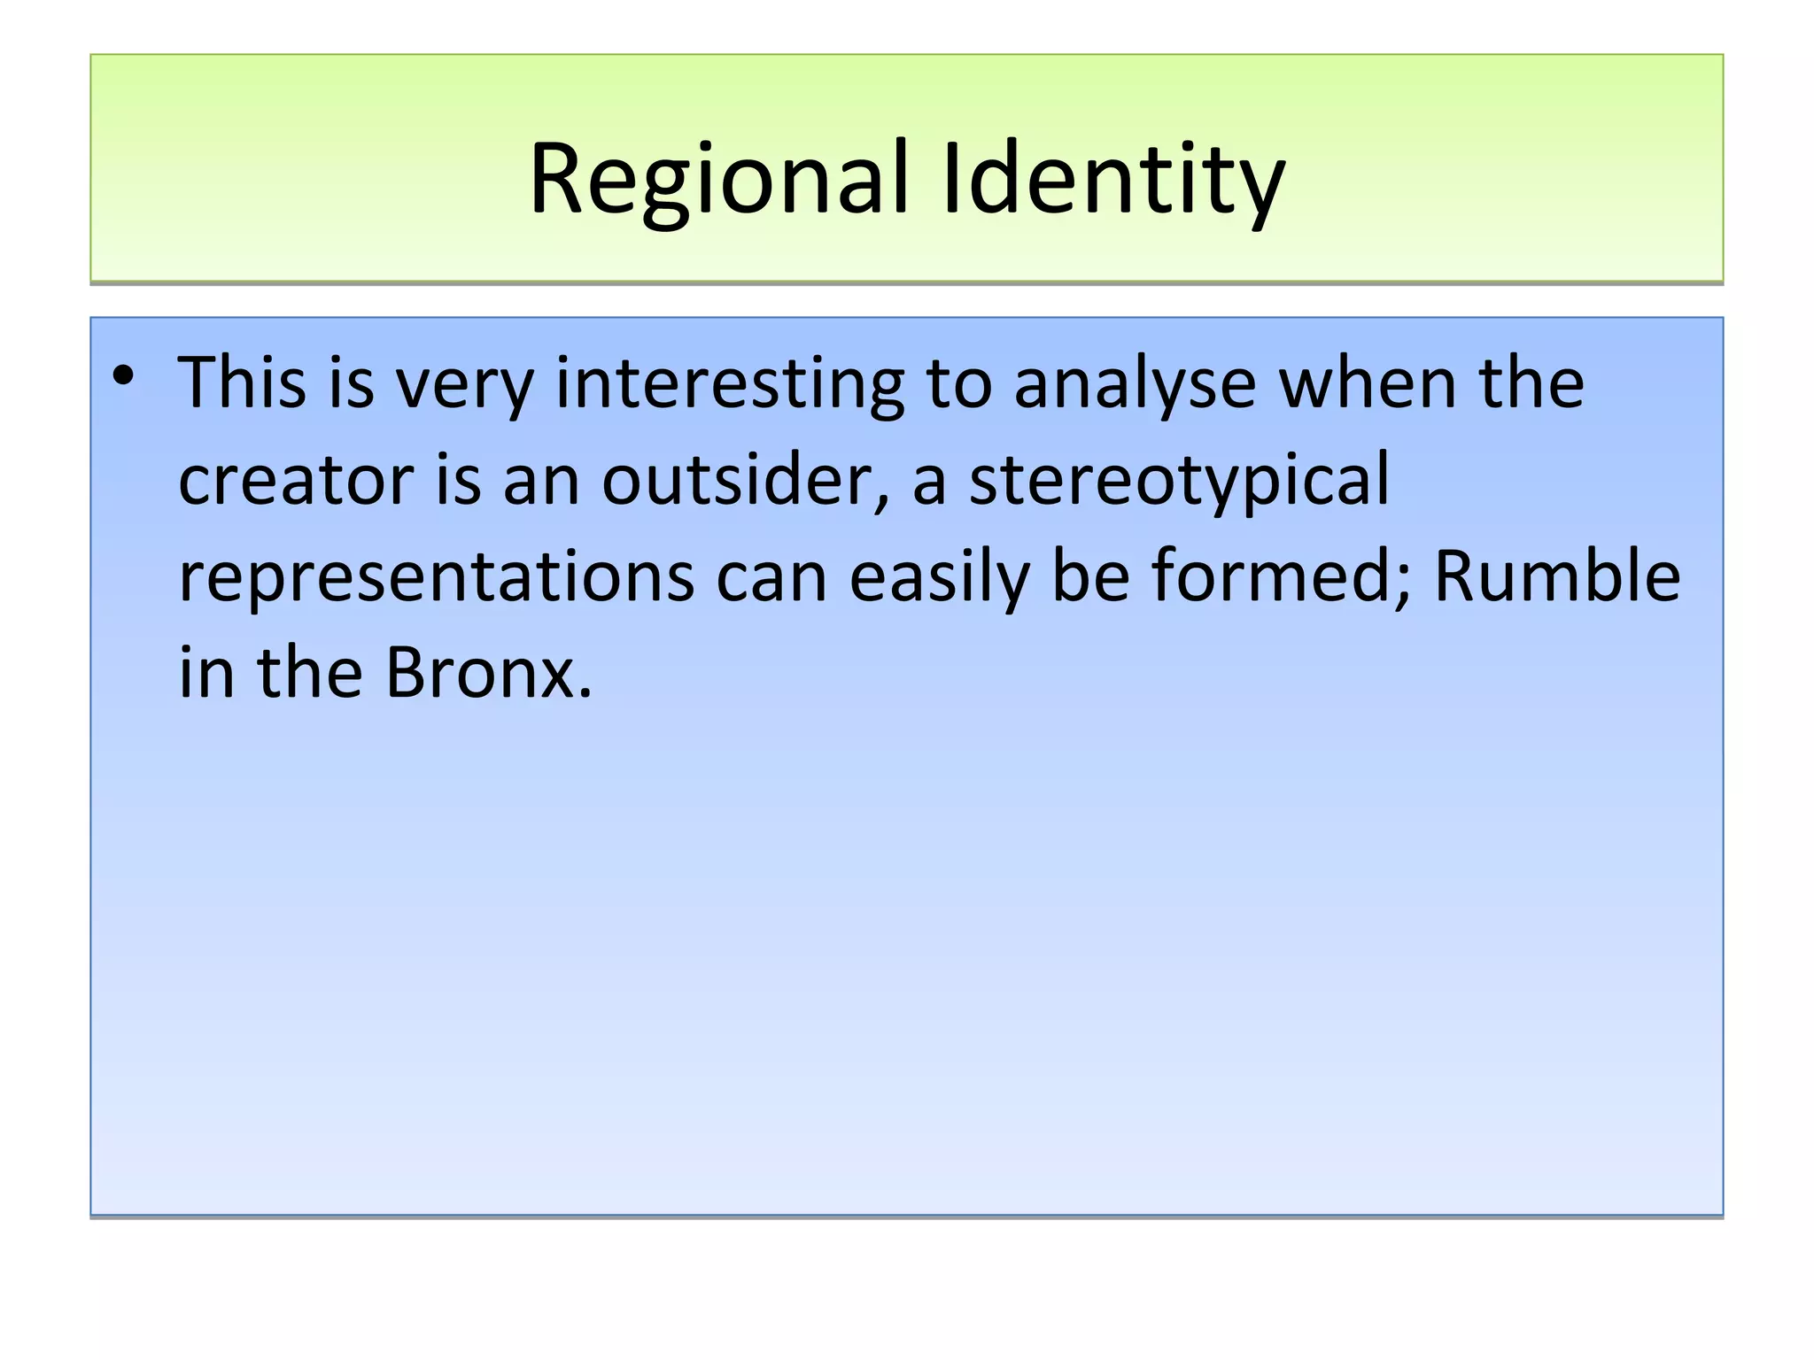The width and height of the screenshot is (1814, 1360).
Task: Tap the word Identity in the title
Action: coord(1113,180)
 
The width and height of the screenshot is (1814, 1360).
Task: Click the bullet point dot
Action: coord(123,377)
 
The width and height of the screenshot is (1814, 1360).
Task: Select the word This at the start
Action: coord(243,383)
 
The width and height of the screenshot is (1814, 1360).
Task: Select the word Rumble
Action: coord(1556,577)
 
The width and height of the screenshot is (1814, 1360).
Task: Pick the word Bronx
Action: coord(488,673)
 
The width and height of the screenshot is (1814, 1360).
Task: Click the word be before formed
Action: coord(1091,577)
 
